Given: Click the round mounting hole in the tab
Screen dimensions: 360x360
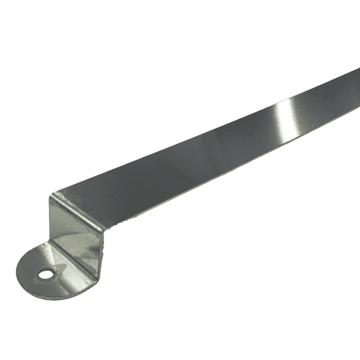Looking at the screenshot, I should [44, 275].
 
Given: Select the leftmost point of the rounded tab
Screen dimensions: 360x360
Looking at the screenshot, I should [16, 273].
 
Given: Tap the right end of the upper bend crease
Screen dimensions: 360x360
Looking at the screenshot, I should [102, 230].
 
